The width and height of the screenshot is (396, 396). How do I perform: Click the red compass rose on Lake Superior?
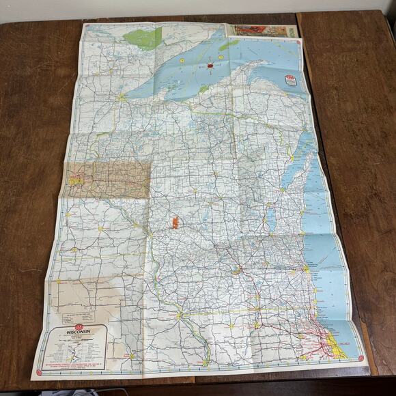[x=210, y=66]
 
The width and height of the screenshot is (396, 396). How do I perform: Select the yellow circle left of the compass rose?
[x=182, y=61]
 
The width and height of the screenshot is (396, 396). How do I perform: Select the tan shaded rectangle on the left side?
[x=108, y=179]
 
